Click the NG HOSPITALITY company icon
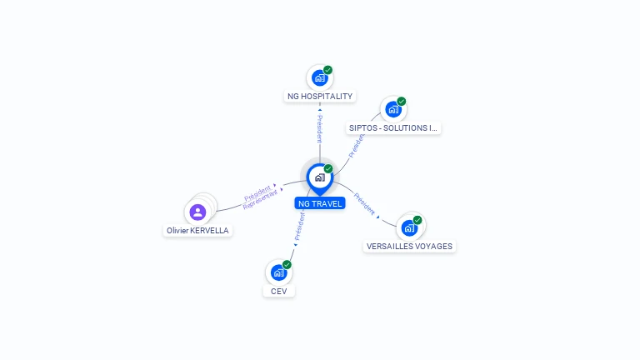point(319,77)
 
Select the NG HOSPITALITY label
point(320,97)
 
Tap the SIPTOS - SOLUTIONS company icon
point(392,109)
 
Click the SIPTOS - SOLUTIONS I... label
point(393,128)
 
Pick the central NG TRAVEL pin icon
point(319,177)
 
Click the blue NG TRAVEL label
point(320,203)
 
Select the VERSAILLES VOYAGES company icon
point(409,227)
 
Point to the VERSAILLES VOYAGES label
point(409,247)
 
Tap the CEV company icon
point(278,272)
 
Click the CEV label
point(278,291)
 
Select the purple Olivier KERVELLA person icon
point(197,212)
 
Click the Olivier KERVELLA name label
point(197,231)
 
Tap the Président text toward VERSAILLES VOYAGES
point(364,203)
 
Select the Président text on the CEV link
point(299,226)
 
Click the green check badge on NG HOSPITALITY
point(328,70)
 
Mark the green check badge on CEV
point(287,264)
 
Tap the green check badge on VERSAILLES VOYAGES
point(417,220)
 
